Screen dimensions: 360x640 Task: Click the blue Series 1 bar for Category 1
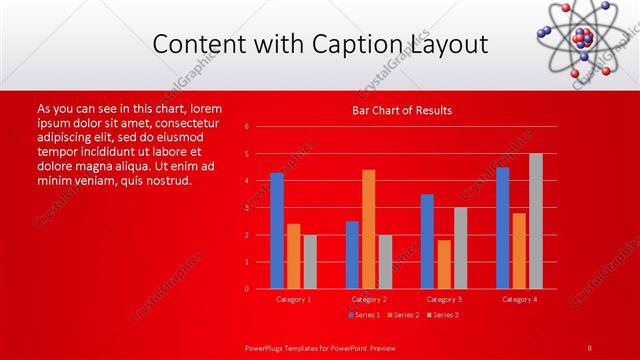(277, 231)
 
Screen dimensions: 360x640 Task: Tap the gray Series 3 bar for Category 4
(536, 221)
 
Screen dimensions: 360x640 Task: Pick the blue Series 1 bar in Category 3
(427, 241)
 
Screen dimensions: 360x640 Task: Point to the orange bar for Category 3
(444, 264)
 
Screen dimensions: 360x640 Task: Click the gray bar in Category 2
(386, 262)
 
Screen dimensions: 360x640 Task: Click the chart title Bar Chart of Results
(402, 110)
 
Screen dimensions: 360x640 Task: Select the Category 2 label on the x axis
(369, 299)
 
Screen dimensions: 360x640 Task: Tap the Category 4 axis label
(519, 299)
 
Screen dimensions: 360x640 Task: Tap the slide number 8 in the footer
(590, 347)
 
